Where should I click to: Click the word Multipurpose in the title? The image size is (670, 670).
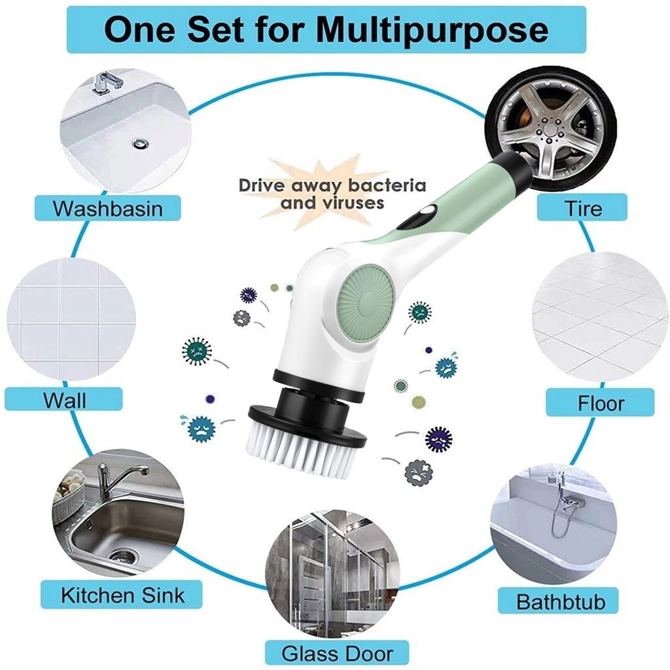point(433,30)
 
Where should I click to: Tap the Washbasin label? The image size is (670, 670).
point(108,208)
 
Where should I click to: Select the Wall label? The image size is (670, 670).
point(64,400)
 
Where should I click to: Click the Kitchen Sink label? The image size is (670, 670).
point(122,595)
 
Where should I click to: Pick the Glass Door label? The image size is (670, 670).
point(337,654)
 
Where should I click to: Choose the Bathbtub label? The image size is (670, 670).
point(561,601)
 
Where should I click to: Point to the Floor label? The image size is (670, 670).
point(601,403)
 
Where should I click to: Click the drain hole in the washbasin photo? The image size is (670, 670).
point(139,143)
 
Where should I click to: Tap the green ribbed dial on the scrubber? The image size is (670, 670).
point(366,298)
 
